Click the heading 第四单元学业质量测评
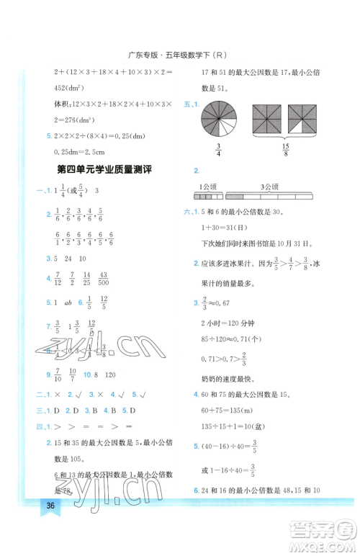102,169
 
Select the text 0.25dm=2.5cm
73,149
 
